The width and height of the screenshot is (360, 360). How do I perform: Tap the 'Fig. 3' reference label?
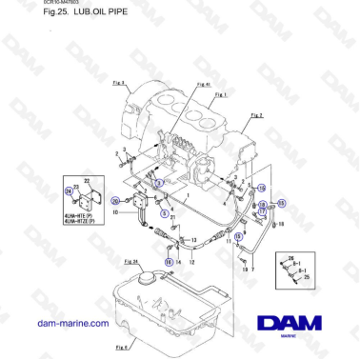(x=119, y=84)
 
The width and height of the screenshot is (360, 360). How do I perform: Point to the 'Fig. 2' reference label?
(x=256, y=114)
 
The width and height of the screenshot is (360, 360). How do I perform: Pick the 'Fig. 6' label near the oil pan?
(x=123, y=348)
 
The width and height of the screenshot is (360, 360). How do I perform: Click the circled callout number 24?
(x=69, y=190)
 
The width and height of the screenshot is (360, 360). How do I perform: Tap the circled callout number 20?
(x=115, y=200)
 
